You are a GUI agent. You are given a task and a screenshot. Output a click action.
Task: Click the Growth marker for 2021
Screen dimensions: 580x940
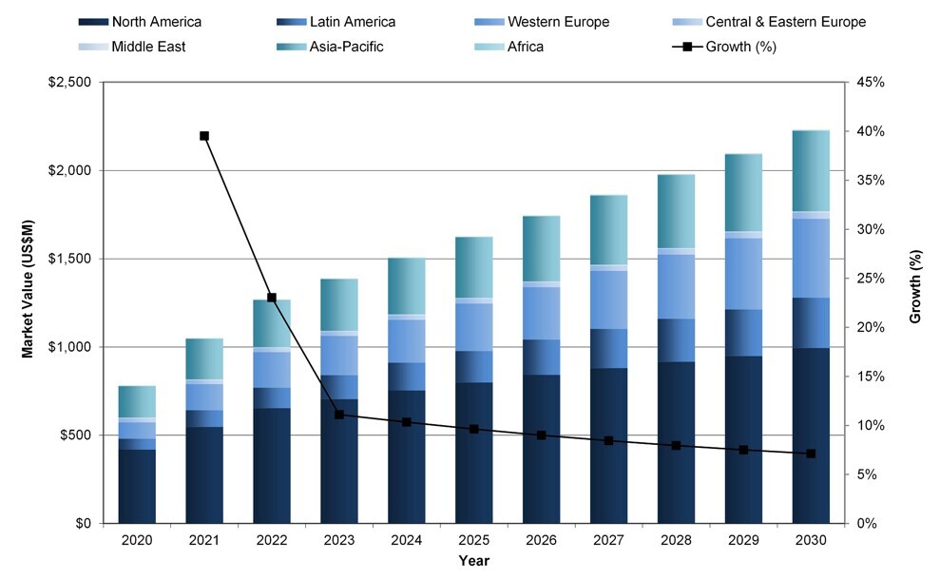[x=204, y=136]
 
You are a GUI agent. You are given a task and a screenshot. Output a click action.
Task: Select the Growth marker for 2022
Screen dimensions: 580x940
[x=272, y=298]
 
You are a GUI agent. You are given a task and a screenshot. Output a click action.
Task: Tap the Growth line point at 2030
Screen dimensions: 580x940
[x=811, y=454]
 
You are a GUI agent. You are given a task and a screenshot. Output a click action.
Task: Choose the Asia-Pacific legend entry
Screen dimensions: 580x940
[x=346, y=46]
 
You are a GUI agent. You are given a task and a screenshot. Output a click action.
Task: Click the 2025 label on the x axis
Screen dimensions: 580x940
[x=474, y=539]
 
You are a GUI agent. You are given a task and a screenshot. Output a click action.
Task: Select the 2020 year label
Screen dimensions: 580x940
[x=137, y=539]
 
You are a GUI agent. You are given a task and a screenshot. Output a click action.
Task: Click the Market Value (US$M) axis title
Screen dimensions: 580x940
[x=28, y=302]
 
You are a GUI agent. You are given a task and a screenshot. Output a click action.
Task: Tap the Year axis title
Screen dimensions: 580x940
[x=473, y=561]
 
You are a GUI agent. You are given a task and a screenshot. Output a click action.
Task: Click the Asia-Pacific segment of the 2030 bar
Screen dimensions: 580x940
[x=811, y=171]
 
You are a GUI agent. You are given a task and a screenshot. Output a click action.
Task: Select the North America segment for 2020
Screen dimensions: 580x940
[x=137, y=486]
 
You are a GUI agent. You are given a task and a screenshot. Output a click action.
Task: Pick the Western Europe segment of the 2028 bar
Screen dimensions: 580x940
[x=676, y=286]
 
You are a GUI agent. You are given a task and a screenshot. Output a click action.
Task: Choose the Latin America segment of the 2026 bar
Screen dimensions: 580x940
[x=542, y=357]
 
